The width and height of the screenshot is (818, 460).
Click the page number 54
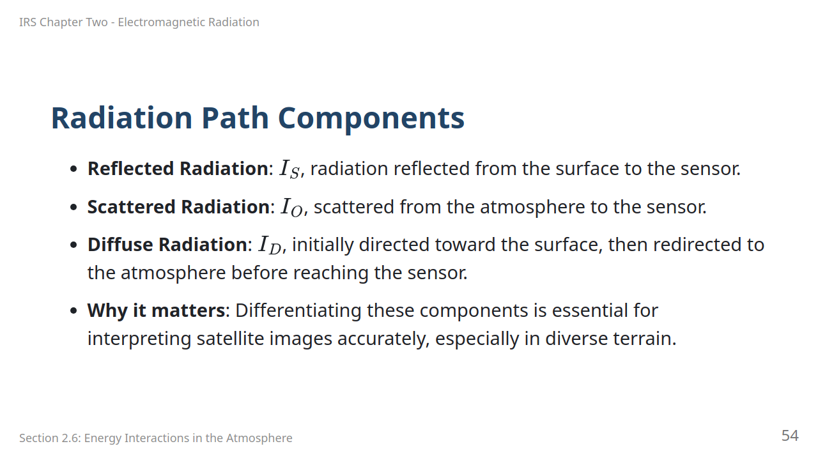(790, 436)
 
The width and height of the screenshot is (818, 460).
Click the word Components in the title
(371, 118)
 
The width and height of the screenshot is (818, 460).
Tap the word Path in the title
(235, 118)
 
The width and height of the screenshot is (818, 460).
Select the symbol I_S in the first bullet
(289, 169)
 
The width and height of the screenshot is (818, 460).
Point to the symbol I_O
(291, 207)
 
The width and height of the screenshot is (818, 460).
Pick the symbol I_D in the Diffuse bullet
(270, 245)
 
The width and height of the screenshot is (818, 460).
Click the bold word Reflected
(131, 168)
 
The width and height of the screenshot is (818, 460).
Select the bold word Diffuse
(120, 244)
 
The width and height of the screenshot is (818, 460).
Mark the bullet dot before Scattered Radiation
(73, 208)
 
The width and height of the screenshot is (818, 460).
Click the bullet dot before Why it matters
(73, 311)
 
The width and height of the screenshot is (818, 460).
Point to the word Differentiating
(298, 310)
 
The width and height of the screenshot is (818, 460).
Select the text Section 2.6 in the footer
(50, 438)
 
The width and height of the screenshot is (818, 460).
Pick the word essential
(590, 310)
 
